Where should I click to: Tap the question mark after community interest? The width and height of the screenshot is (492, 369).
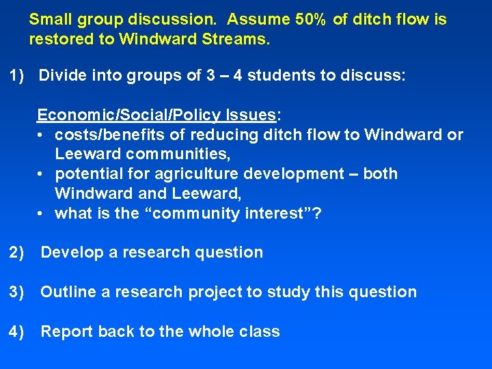coord(316,213)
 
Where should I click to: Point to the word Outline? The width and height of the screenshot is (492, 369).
coord(68,292)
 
